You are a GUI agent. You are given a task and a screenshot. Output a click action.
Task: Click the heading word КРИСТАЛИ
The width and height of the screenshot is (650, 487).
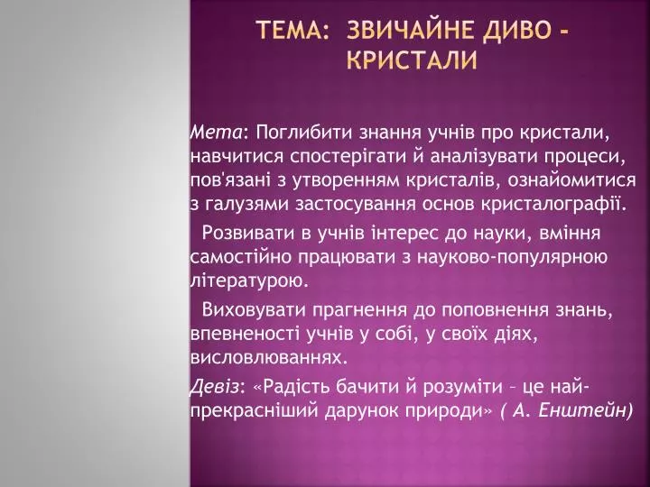tap(412, 60)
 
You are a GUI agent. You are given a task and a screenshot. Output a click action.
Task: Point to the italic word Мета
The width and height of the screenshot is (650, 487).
tap(216, 133)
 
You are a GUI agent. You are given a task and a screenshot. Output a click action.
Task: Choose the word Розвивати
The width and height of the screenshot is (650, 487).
tap(248, 234)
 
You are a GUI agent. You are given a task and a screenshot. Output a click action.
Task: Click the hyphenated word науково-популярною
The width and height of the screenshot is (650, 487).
tap(513, 258)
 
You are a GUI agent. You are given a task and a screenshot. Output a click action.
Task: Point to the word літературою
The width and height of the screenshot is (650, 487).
tap(249, 281)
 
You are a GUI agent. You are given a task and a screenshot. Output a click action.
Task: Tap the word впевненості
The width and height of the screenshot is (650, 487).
tap(245, 335)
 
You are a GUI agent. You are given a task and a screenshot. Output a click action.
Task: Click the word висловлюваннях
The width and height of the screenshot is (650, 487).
tap(268, 358)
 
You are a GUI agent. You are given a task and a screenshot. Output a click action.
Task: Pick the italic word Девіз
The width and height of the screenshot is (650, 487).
tap(215, 388)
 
